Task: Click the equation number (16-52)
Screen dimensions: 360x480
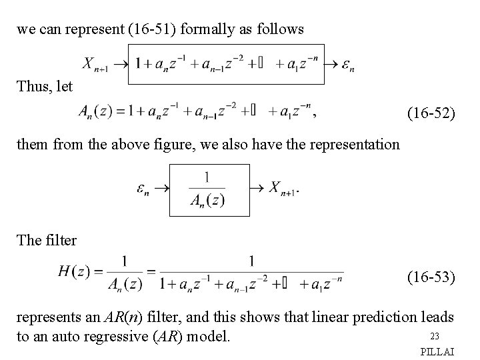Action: point(431,115)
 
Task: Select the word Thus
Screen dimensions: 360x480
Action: point(32,87)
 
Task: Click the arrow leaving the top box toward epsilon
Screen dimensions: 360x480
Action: point(329,65)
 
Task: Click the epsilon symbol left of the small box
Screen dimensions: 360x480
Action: point(143,189)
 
